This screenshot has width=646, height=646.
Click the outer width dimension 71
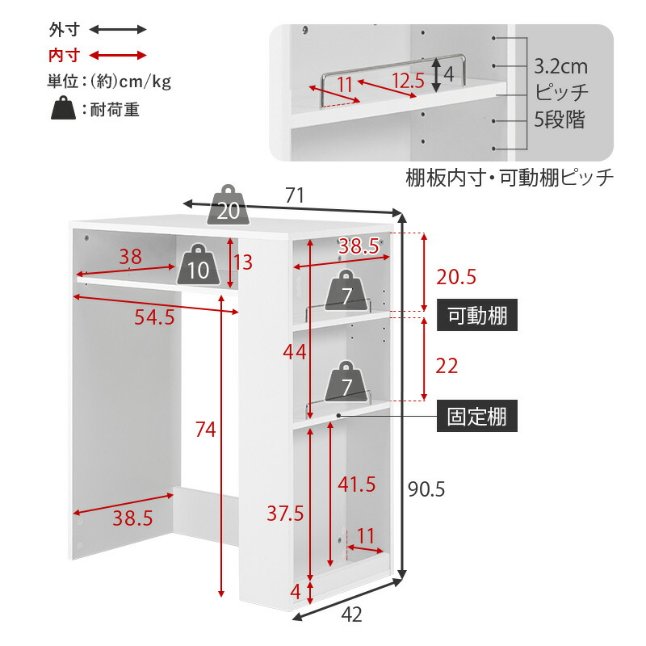click(x=294, y=195)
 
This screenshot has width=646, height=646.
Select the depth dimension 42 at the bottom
click(x=351, y=615)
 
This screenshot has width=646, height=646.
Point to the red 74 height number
click(x=205, y=430)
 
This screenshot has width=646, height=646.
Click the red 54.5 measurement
click(x=153, y=317)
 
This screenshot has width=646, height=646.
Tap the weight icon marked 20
click(x=229, y=207)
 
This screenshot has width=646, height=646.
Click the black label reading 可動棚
click(x=477, y=316)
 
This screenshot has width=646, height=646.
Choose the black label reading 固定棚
click(x=477, y=417)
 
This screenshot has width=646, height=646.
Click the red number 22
click(x=446, y=366)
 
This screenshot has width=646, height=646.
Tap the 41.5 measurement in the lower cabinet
click(x=356, y=484)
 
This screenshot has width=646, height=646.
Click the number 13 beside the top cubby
click(x=243, y=262)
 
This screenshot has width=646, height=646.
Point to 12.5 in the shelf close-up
click(x=409, y=81)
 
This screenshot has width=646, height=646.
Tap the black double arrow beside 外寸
click(x=118, y=30)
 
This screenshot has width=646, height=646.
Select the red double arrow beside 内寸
click(x=118, y=56)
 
